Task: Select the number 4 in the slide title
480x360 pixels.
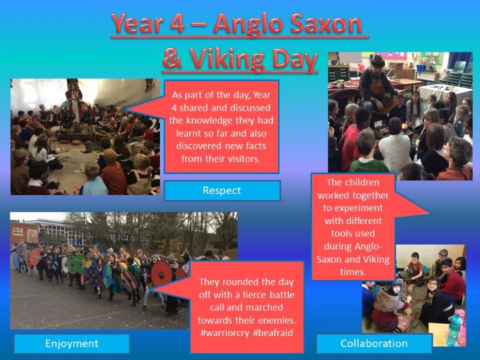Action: tap(177, 24)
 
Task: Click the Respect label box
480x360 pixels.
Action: tap(222, 191)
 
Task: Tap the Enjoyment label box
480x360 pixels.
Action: tap(71, 343)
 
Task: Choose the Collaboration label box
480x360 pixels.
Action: tap(374, 343)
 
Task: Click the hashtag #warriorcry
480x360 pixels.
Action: tap(225, 333)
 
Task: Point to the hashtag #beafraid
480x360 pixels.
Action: tap(273, 333)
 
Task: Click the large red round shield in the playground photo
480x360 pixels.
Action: tap(162, 273)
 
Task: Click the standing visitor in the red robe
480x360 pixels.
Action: tap(74, 102)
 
